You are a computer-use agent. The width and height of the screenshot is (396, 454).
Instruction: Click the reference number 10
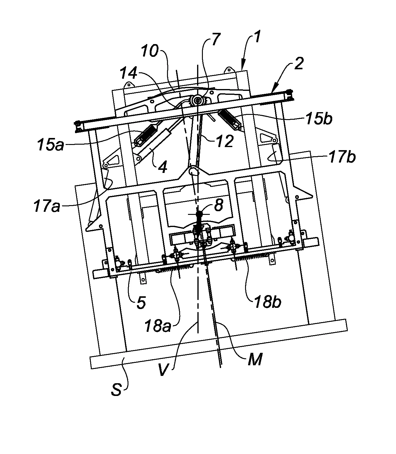[x=150, y=52]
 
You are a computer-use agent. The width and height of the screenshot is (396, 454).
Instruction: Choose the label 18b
[x=267, y=302]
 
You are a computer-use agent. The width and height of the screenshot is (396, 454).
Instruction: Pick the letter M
[x=254, y=360]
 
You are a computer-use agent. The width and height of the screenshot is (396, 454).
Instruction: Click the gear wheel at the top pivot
[x=198, y=100]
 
